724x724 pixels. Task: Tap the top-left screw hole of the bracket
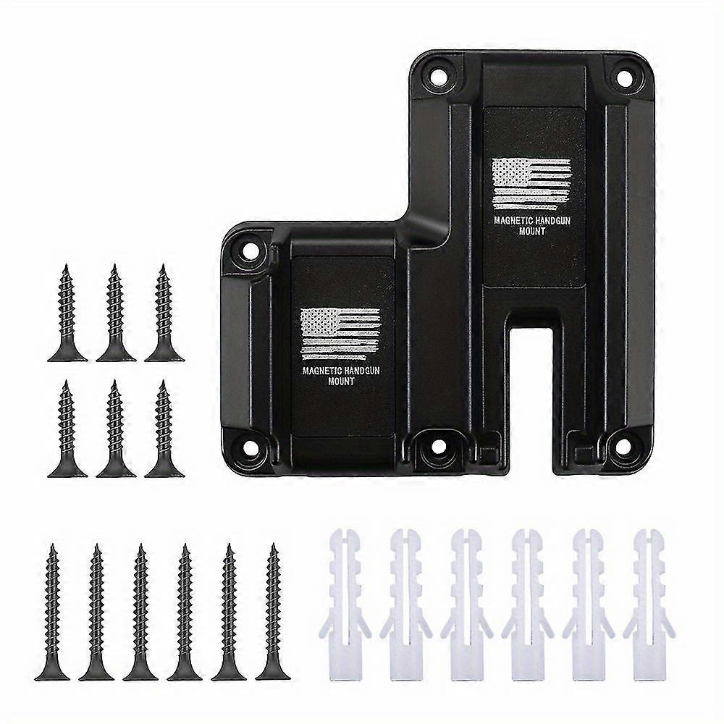pyautogui.click(x=437, y=74)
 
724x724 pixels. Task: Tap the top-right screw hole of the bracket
pyautogui.click(x=620, y=74)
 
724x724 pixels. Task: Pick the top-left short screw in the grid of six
pyautogui.click(x=67, y=313)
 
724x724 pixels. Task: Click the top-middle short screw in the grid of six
pyautogui.click(x=116, y=313)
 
